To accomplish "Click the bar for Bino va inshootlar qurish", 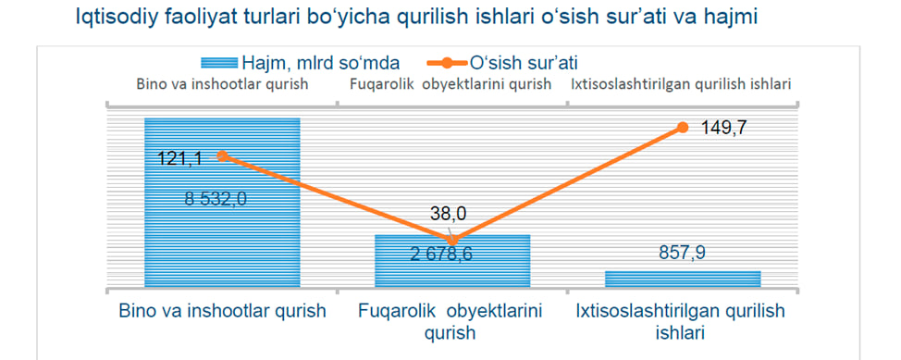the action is coord(222,202).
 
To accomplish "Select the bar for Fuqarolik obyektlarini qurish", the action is coord(452,260).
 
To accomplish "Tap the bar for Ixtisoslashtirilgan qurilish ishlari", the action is coord(683,279).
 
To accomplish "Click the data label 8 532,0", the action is coord(216,199).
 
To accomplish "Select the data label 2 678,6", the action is coord(441,254).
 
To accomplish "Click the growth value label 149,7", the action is coord(724,128).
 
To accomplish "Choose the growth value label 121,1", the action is coord(179,158).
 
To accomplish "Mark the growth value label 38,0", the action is coord(449,214).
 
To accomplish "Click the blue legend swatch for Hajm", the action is coord(219,61).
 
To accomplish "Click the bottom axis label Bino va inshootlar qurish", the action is coord(222,311).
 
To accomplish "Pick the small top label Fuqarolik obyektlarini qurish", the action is coord(451,84).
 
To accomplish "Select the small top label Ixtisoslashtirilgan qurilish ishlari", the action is coord(682,84).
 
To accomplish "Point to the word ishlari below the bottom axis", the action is coord(680,332).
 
